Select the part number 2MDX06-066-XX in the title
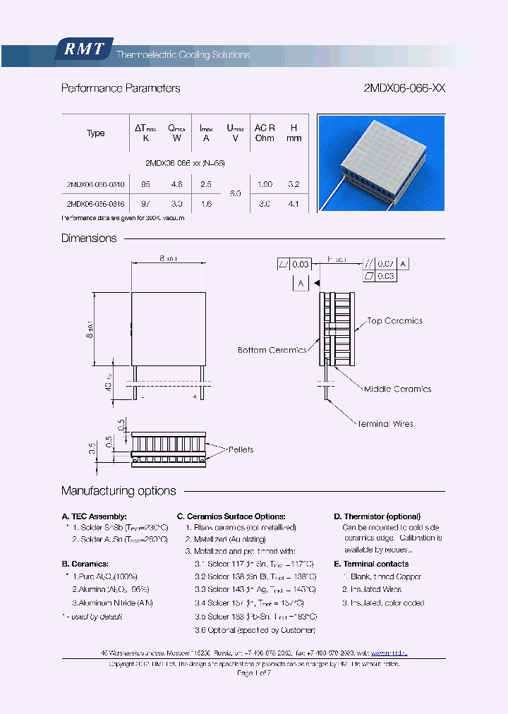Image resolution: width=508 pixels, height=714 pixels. pos(404,89)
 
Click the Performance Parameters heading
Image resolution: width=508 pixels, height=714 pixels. pos(121,89)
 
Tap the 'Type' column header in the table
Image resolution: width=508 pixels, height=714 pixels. pos(95,133)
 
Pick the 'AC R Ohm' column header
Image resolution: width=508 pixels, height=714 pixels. pos(265,133)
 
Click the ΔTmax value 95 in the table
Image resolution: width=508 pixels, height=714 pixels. pos(146,184)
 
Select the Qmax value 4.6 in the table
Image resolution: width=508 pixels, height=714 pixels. pos(176,184)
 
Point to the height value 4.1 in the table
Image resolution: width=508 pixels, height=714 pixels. pos(294,205)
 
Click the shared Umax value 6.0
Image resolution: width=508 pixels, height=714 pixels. pos(235,194)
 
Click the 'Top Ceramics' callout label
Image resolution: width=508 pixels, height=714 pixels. pos(394,321)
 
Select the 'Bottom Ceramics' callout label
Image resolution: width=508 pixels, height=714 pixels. pos(272,350)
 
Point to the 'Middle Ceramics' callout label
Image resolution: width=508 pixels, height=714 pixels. pos(397,389)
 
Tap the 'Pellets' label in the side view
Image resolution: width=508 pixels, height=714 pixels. pos(241,449)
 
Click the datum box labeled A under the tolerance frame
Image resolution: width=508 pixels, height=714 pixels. pos(301,283)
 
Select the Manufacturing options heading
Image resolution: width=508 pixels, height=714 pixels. pos(119,491)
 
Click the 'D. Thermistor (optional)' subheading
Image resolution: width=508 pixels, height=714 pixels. pos(377,516)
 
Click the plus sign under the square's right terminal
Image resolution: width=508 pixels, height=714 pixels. pos(195,397)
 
